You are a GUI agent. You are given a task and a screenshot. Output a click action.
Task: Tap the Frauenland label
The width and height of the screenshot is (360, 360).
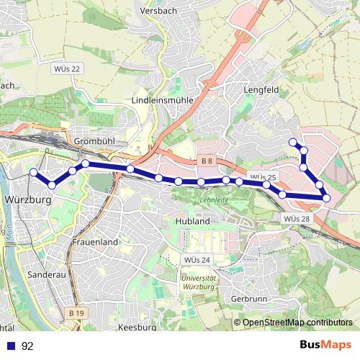pyautogui.click(x=94, y=243)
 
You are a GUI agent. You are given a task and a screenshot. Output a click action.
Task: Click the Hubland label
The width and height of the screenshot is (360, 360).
pyautogui.click(x=192, y=221)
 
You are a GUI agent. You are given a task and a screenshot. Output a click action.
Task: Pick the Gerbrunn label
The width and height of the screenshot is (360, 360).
pyautogui.click(x=251, y=297)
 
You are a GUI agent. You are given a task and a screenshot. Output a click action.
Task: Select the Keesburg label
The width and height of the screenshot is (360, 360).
pyautogui.click(x=136, y=327)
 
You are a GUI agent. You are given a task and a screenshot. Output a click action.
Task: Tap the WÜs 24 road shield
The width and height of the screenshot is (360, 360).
pyautogui.click(x=196, y=259)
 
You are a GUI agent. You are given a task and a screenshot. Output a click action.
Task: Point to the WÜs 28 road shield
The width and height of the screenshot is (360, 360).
pyautogui.click(x=297, y=218)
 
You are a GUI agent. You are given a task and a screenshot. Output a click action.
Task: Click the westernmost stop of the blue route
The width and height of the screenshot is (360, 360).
pyautogui.click(x=32, y=172)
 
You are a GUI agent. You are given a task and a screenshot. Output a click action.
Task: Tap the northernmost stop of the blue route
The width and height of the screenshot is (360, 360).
pyautogui.click(x=292, y=142)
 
